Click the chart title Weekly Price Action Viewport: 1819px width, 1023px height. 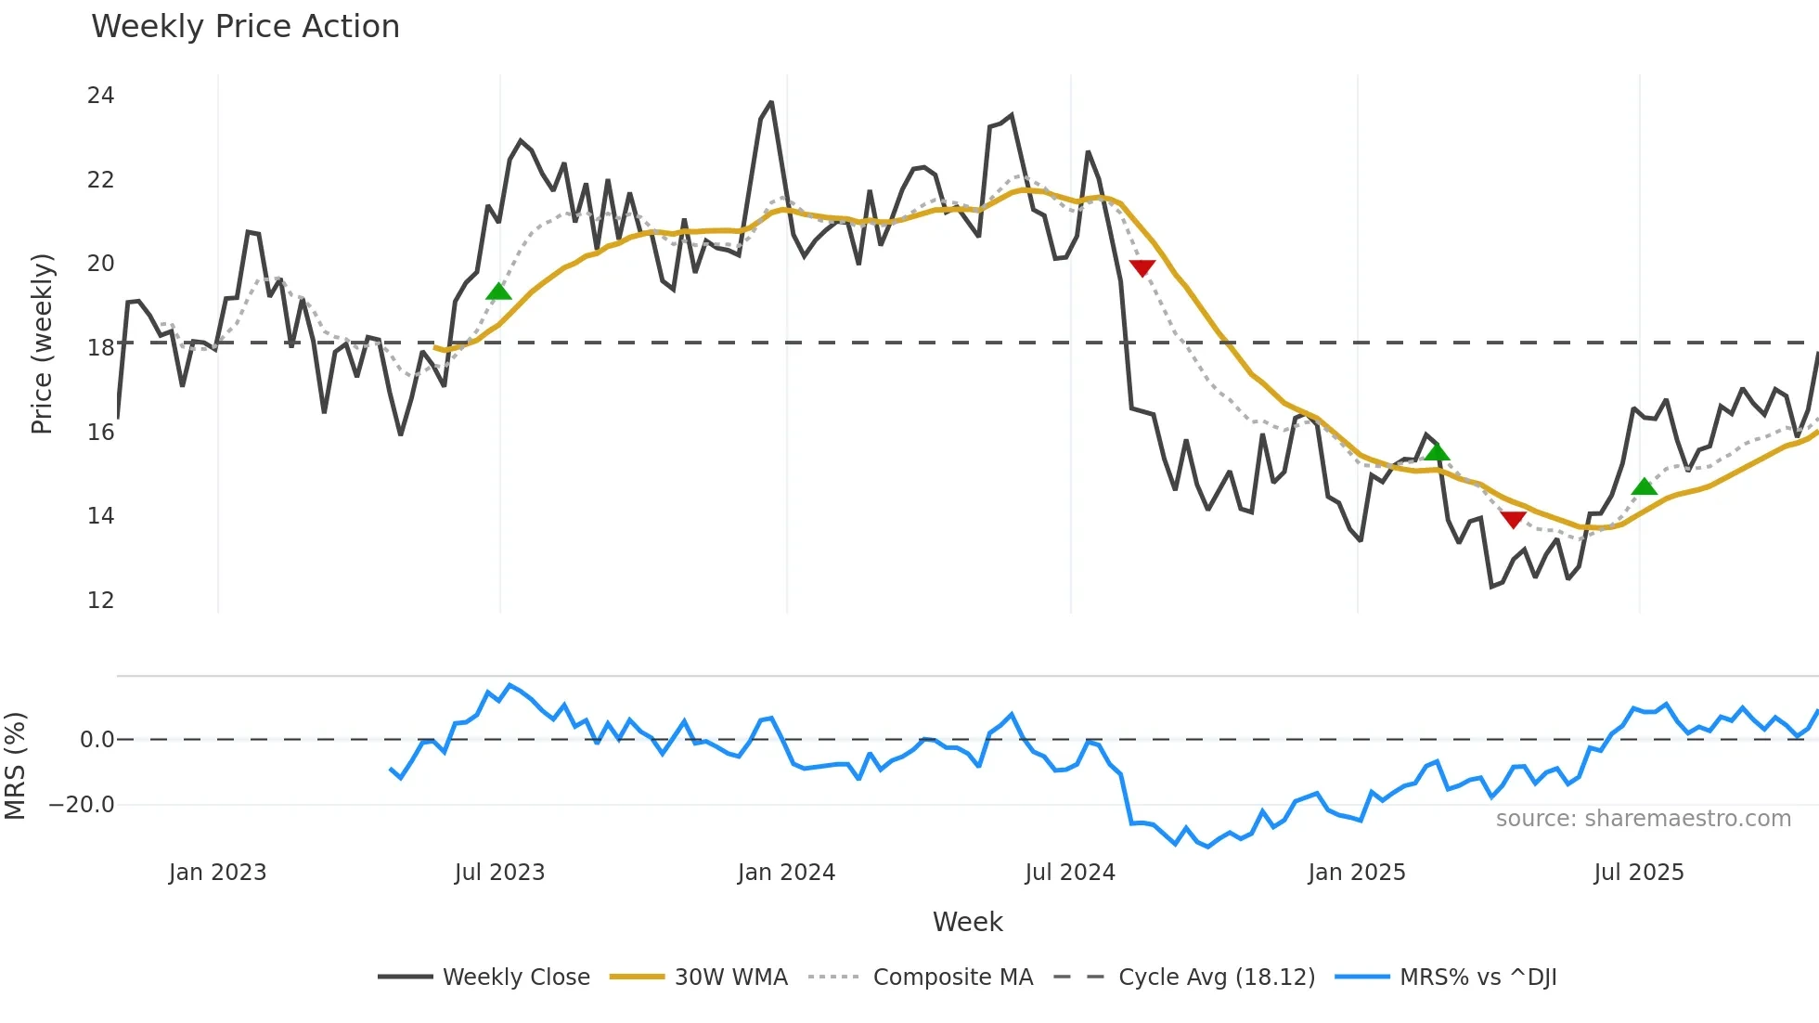coord(245,27)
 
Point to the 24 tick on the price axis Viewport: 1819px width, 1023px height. coord(100,96)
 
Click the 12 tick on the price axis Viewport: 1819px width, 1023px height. coord(100,601)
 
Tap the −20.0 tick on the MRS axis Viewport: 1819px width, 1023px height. coord(83,805)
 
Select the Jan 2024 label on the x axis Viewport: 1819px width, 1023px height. coord(786,873)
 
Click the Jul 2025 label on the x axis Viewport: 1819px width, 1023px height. coord(1638,873)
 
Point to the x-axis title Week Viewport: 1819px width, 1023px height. coord(967,922)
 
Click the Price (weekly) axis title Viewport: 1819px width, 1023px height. coord(43,343)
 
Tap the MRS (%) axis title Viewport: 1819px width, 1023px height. coord(16,766)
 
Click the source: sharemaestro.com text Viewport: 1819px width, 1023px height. coord(1643,819)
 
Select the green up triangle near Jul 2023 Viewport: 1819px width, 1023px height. coord(498,292)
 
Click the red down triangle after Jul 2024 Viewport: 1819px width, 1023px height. coord(1142,268)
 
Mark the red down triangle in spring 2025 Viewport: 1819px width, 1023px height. coord(1513,520)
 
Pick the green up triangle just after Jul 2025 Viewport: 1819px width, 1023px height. coord(1644,487)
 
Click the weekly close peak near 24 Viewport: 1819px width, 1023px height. coord(770,103)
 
